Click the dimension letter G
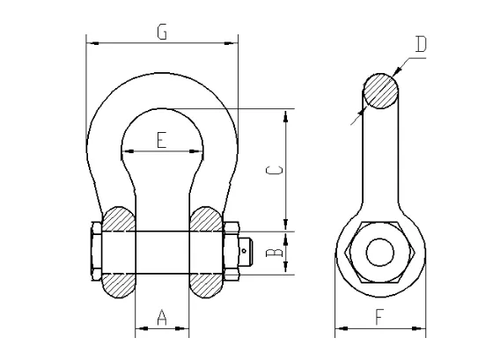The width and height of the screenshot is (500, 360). (161, 33)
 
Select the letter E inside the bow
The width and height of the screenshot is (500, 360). (161, 140)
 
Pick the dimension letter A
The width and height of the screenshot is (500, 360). (162, 318)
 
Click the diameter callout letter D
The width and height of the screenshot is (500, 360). (420, 44)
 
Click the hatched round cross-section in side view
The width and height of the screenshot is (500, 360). (380, 91)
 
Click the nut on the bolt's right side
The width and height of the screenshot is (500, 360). (233, 253)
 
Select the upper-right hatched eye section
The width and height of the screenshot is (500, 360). (206, 219)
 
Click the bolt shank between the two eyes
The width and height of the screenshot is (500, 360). (162, 253)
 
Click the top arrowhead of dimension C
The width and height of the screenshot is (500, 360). (285, 114)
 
